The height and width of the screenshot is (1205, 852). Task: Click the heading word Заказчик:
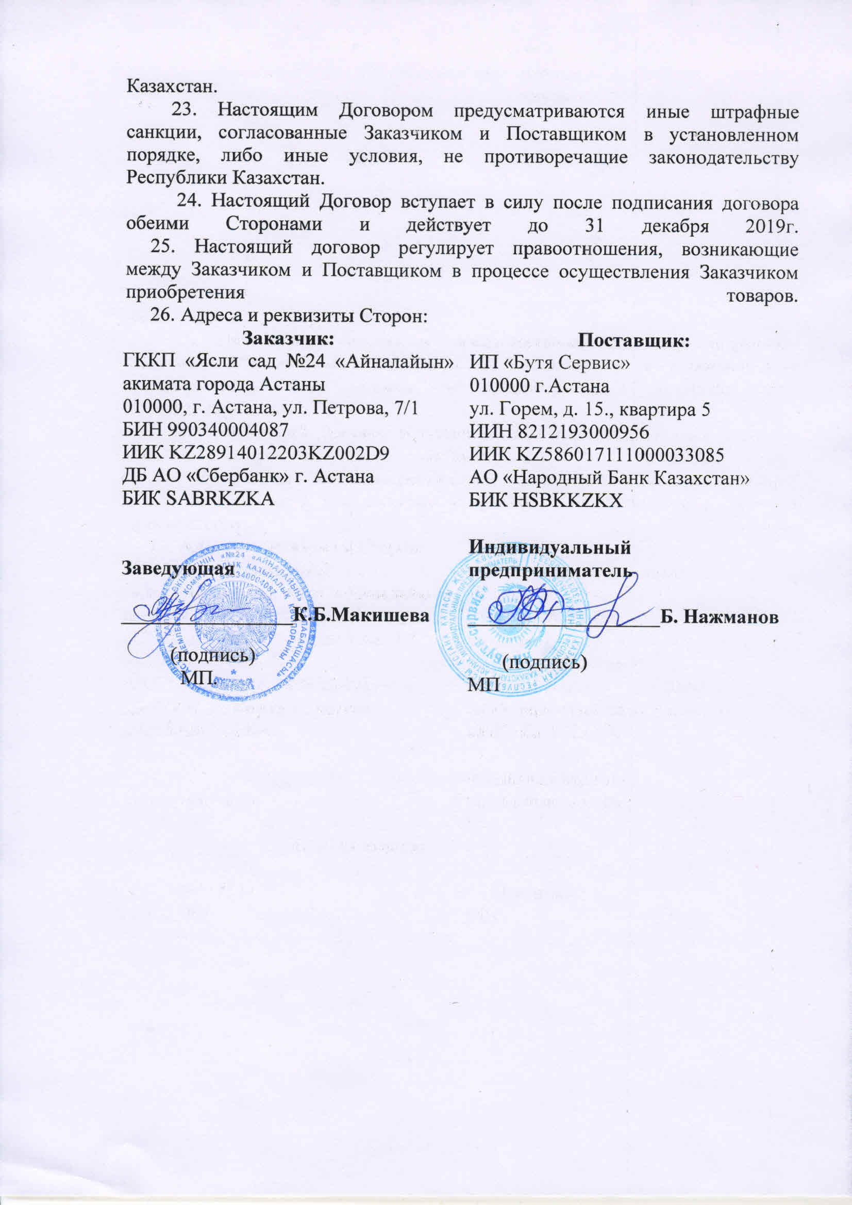click(x=288, y=339)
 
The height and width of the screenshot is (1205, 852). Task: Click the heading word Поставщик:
click(x=633, y=341)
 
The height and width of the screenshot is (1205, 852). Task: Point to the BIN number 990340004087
click(x=228, y=431)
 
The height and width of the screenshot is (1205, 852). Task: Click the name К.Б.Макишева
click(x=361, y=615)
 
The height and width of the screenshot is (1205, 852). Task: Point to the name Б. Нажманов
click(x=719, y=617)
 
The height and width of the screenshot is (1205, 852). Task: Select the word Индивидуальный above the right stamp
click(x=550, y=548)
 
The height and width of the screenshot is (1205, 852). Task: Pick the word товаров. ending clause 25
click(x=762, y=295)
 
